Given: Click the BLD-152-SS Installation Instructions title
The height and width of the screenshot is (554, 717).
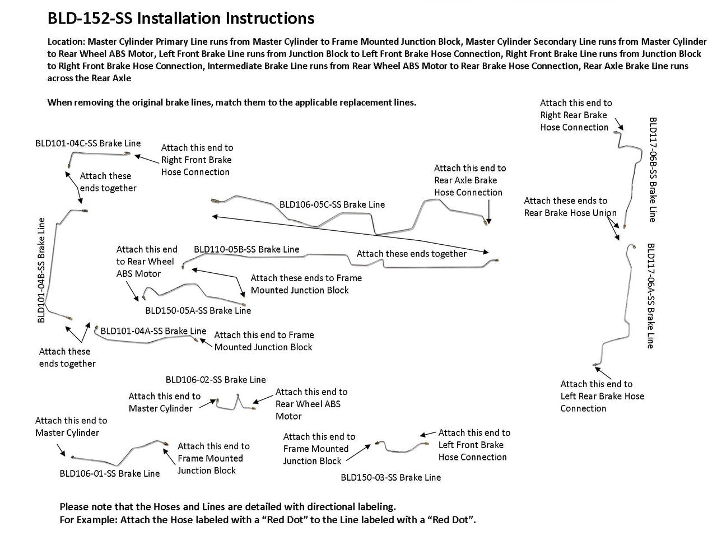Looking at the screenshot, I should point(181,18).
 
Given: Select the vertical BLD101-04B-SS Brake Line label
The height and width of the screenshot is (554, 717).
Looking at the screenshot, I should point(41,270).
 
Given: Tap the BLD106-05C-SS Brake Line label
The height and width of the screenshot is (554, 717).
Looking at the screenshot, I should point(332,204).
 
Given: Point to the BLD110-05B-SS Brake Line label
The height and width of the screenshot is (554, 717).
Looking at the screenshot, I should point(246,249).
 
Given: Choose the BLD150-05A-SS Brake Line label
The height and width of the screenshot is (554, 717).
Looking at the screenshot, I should point(198,310).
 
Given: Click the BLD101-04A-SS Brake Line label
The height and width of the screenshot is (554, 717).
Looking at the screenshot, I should point(153,331).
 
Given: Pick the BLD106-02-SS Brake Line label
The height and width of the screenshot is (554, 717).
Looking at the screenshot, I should point(216,380).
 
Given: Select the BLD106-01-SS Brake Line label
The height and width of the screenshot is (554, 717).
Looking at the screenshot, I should point(110,473).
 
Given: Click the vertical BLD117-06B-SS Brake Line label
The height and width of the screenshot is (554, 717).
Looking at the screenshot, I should point(653,169).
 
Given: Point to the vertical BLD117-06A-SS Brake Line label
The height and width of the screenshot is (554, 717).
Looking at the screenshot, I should point(651,296).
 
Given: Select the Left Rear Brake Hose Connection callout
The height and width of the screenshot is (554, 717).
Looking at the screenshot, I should point(602,396).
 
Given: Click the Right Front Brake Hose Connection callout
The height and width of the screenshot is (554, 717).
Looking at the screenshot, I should point(197,160).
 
